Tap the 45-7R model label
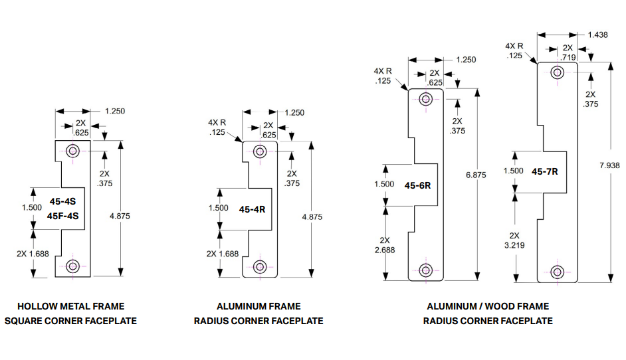[x=544, y=171]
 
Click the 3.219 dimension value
[x=513, y=245]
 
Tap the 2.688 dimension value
[x=384, y=249]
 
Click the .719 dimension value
[x=568, y=57]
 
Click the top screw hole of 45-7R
[x=558, y=74]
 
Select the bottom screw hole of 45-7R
[x=558, y=271]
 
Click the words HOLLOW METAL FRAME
[x=70, y=306]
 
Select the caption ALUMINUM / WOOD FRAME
[x=488, y=306]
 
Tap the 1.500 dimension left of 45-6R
[x=384, y=185]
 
